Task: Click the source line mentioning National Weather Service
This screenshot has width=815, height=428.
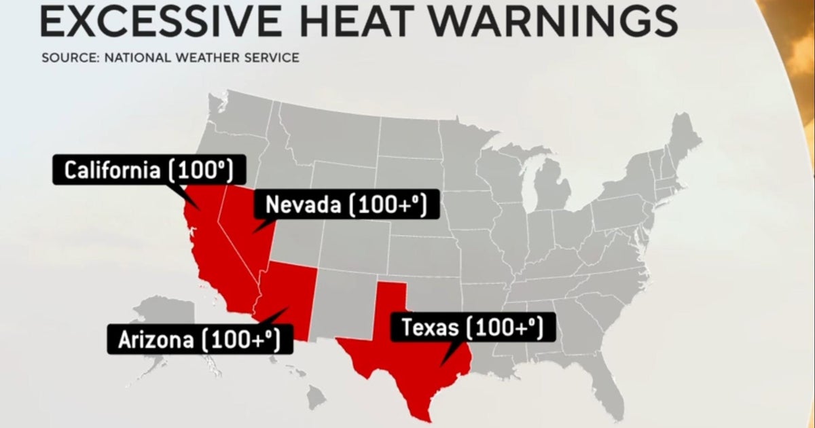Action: [170, 57]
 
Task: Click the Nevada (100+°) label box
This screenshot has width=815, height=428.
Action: [345, 204]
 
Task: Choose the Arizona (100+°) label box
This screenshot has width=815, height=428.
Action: [200, 339]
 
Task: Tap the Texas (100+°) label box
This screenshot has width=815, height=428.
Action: [472, 328]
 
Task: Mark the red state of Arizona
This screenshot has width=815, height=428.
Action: [285, 292]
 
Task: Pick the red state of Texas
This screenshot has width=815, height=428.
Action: [407, 353]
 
